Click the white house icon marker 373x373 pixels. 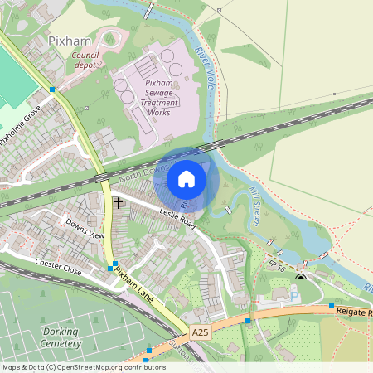186,179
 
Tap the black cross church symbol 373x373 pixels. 118,202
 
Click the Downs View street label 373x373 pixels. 85,230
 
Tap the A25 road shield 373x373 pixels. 199,332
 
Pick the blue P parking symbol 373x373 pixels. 294,294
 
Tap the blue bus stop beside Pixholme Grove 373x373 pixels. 52,89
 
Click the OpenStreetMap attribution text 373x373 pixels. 83,367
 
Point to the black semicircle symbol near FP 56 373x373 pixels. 300,277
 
